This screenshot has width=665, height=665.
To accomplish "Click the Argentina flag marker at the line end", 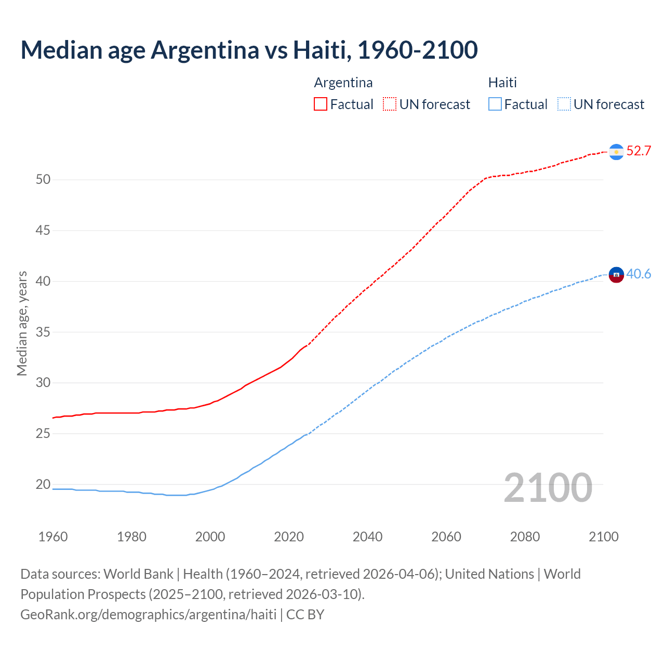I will click(616, 152).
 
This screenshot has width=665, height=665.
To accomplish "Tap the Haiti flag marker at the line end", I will click(616, 274).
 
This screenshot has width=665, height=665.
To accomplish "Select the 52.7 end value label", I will click(639, 151).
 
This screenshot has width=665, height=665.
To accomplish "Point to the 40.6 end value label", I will click(639, 274).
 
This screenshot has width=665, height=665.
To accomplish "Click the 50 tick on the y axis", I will click(43, 180).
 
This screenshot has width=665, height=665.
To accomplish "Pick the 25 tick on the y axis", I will click(43, 433).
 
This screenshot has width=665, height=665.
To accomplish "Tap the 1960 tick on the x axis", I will click(53, 537).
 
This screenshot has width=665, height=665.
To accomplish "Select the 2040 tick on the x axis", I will click(367, 537).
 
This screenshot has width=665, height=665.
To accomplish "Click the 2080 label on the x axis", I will click(525, 537).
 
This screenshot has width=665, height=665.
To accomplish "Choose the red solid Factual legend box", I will click(321, 104).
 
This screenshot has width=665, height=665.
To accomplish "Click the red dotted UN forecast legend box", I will click(390, 104).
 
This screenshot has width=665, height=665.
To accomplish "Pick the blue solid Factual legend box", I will click(495, 104).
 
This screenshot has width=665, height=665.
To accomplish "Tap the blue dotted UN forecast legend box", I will click(564, 104).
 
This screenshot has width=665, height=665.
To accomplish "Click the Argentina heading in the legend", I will click(343, 83).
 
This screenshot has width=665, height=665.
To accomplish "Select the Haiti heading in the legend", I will click(502, 83).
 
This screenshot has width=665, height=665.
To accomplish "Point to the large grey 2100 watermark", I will click(548, 487).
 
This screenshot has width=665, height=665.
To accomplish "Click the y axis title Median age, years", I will click(22, 323).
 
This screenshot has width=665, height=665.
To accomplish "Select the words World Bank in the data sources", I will click(138, 574).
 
